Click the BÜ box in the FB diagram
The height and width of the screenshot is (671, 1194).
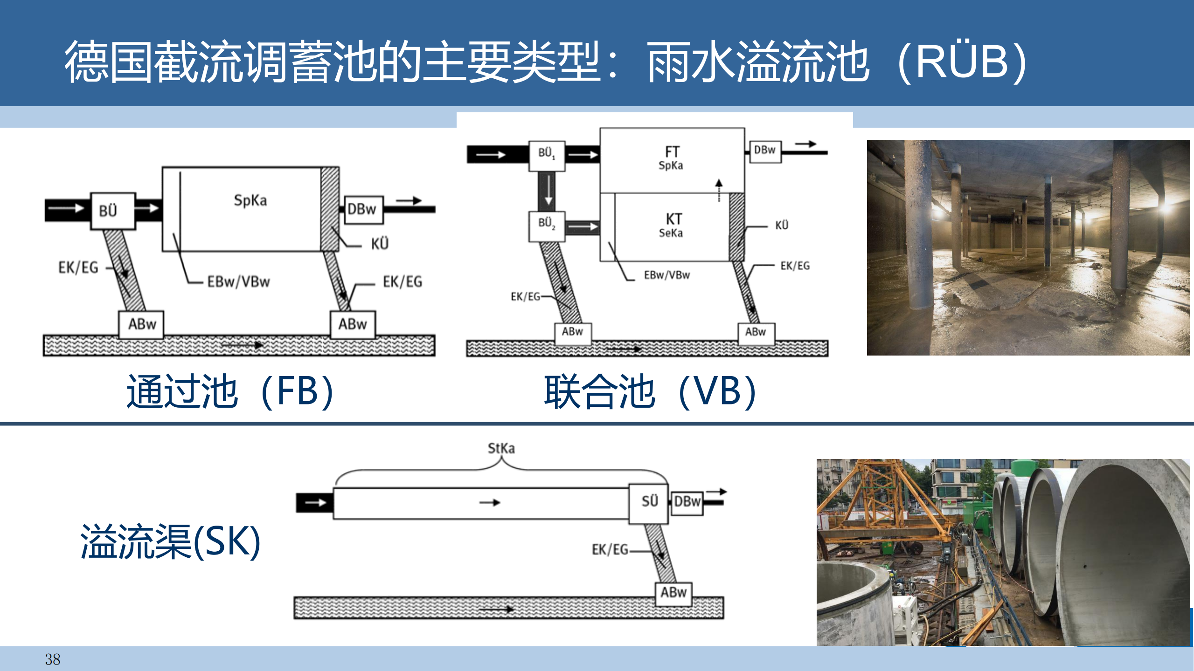[x=112, y=211]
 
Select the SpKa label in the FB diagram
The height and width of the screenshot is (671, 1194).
[x=250, y=200]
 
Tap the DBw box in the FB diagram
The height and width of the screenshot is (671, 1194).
[x=363, y=209]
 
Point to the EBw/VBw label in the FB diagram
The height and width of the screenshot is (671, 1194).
[x=238, y=281]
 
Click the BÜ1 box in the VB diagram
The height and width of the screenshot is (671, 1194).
[x=547, y=154]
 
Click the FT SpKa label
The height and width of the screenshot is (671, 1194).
[x=671, y=157]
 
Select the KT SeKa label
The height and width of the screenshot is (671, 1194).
[x=672, y=225]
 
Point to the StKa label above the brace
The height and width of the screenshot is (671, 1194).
[x=501, y=448]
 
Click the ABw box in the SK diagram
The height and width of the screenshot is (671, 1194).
[x=673, y=593]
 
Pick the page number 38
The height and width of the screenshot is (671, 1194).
[x=53, y=659]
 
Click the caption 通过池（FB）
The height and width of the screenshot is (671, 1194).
[x=230, y=391]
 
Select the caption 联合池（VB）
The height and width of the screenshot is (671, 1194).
[x=650, y=391]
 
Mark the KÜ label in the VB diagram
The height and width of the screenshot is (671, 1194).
[x=782, y=225]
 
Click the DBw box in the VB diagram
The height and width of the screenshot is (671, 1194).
[x=765, y=151]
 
